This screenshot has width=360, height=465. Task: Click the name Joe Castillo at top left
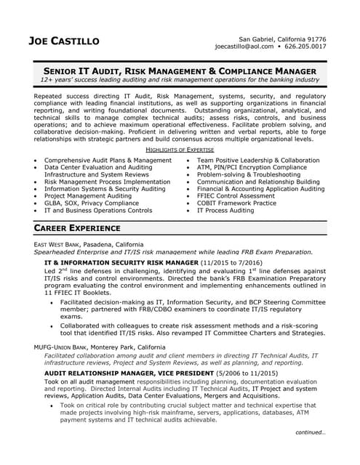click(x=64, y=41)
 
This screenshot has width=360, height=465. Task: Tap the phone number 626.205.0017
click(x=305, y=46)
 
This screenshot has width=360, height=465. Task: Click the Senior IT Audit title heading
click(x=180, y=71)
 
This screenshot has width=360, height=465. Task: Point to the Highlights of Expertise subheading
click(x=180, y=149)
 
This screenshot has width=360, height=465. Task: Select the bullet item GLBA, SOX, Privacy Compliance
click(x=91, y=203)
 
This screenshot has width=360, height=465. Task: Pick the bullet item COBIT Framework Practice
click(x=236, y=203)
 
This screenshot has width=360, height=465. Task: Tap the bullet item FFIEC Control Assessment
click(x=236, y=195)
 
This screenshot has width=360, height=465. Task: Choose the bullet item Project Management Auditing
click(x=88, y=195)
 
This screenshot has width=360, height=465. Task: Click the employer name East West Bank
click(x=57, y=244)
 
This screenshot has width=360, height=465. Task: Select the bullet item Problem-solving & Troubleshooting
click(x=248, y=174)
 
